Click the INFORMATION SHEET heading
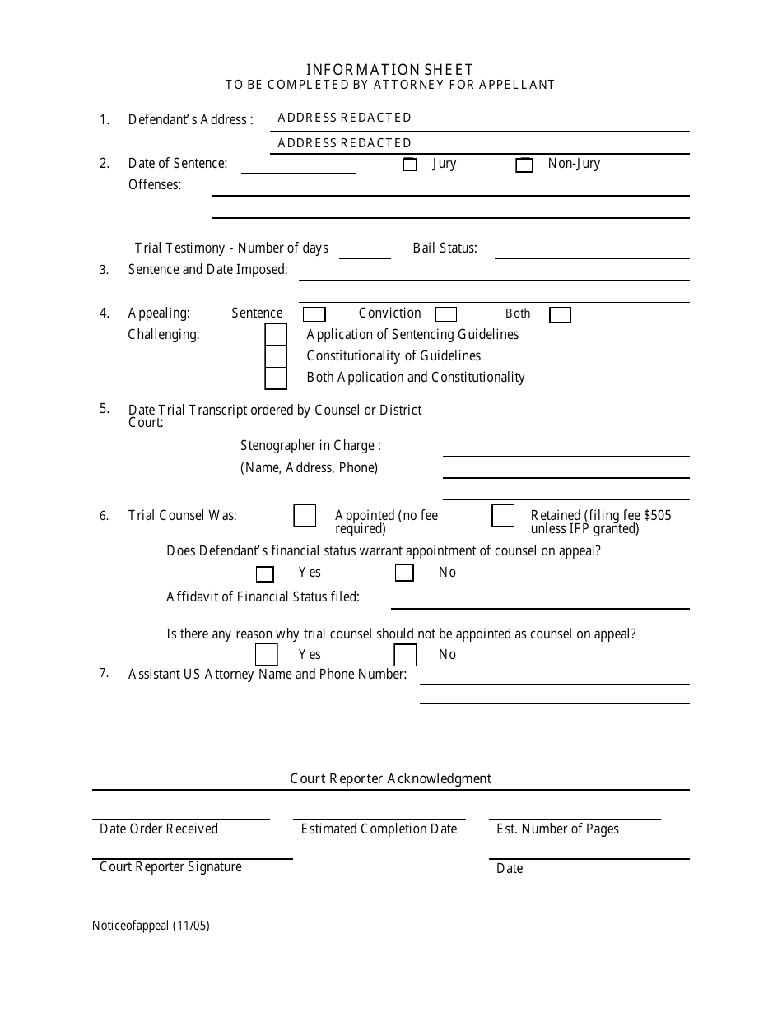390,70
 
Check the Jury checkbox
409,165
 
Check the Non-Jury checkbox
524,165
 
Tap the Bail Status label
445,248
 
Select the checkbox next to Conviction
446,314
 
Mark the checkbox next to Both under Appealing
560,314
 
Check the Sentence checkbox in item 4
314,314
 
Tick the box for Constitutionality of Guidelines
276,356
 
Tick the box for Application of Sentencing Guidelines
276,335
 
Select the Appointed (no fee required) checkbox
305,515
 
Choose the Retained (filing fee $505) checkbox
503,515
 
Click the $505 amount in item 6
657,515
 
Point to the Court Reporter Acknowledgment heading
390,778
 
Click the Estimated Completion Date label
379,829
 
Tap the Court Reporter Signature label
170,866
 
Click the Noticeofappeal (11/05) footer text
151,925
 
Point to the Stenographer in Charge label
310,445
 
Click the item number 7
104,673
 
